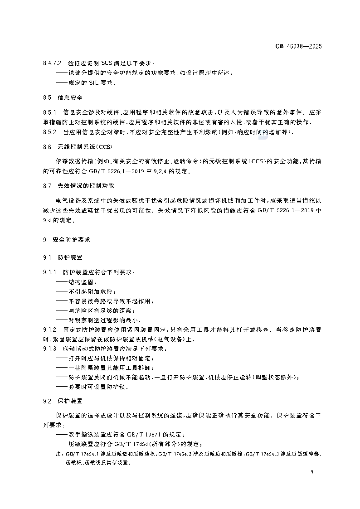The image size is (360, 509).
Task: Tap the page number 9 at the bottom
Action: [x=312, y=472]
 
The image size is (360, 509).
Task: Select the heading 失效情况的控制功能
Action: [x=86, y=186]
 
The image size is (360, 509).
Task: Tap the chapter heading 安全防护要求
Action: [x=72, y=239]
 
